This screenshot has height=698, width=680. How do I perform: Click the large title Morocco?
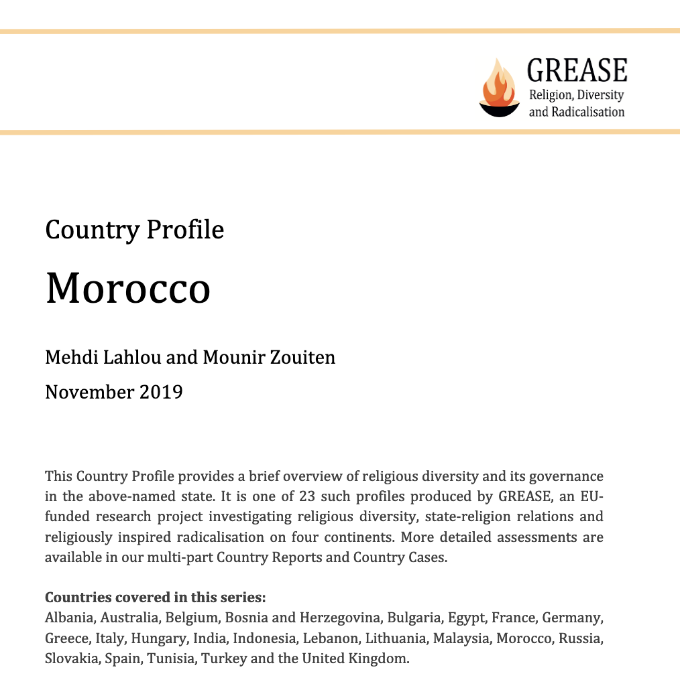pos(127,288)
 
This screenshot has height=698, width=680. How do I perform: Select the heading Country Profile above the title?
pos(134,230)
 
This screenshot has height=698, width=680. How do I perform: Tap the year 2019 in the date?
pos(161,391)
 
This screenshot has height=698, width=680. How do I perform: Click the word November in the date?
pos(89,391)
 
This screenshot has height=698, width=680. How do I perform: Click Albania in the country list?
pos(70,618)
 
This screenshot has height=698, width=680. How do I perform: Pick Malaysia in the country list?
pos(461,638)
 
